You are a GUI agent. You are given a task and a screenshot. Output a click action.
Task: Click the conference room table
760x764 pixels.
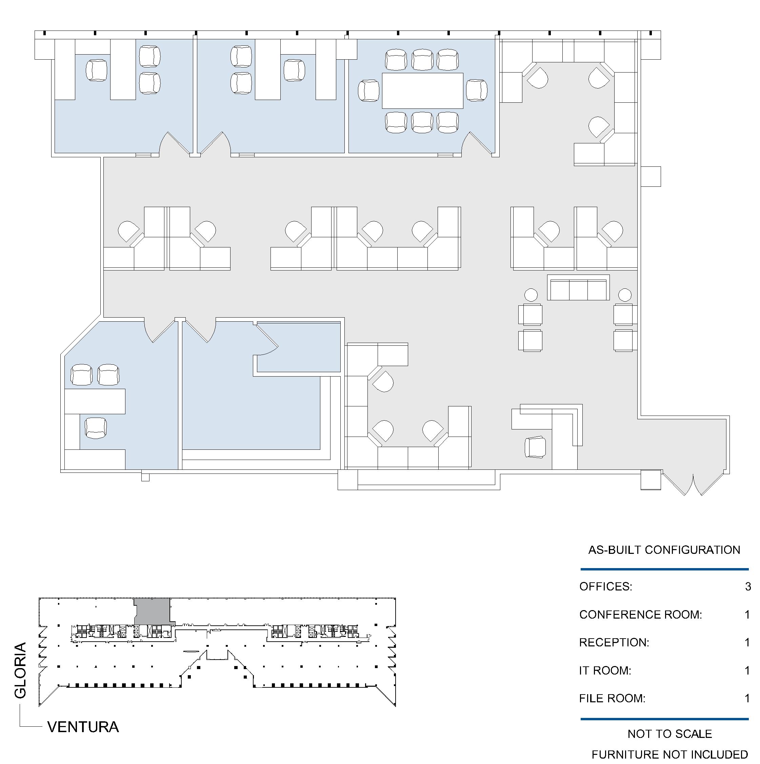click(x=422, y=91)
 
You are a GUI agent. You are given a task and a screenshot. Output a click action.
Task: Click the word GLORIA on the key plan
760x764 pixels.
click(x=20, y=670)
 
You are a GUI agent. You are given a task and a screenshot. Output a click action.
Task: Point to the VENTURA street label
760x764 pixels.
click(x=83, y=727)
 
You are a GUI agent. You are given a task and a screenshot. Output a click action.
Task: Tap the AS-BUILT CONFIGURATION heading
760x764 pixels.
click(x=664, y=550)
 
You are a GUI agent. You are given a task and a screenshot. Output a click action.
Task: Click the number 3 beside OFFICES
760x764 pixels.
click(x=748, y=586)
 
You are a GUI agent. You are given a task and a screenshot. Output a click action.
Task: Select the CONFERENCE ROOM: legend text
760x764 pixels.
click(x=641, y=615)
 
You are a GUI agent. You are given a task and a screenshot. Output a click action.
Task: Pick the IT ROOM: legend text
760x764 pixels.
click(x=605, y=671)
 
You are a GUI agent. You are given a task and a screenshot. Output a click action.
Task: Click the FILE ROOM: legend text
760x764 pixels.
click(x=612, y=698)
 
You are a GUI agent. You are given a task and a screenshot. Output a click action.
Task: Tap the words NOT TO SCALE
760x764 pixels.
click(x=670, y=734)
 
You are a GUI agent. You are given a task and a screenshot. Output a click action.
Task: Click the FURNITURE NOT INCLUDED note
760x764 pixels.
click(x=670, y=755)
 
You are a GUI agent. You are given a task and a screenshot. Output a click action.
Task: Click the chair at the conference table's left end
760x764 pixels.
click(x=368, y=91)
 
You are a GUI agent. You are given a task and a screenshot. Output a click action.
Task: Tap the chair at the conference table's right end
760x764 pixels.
click(x=477, y=90)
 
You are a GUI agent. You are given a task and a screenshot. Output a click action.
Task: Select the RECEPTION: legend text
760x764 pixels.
click(x=614, y=643)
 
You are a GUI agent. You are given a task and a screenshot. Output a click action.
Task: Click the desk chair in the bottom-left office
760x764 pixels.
click(x=96, y=428)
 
